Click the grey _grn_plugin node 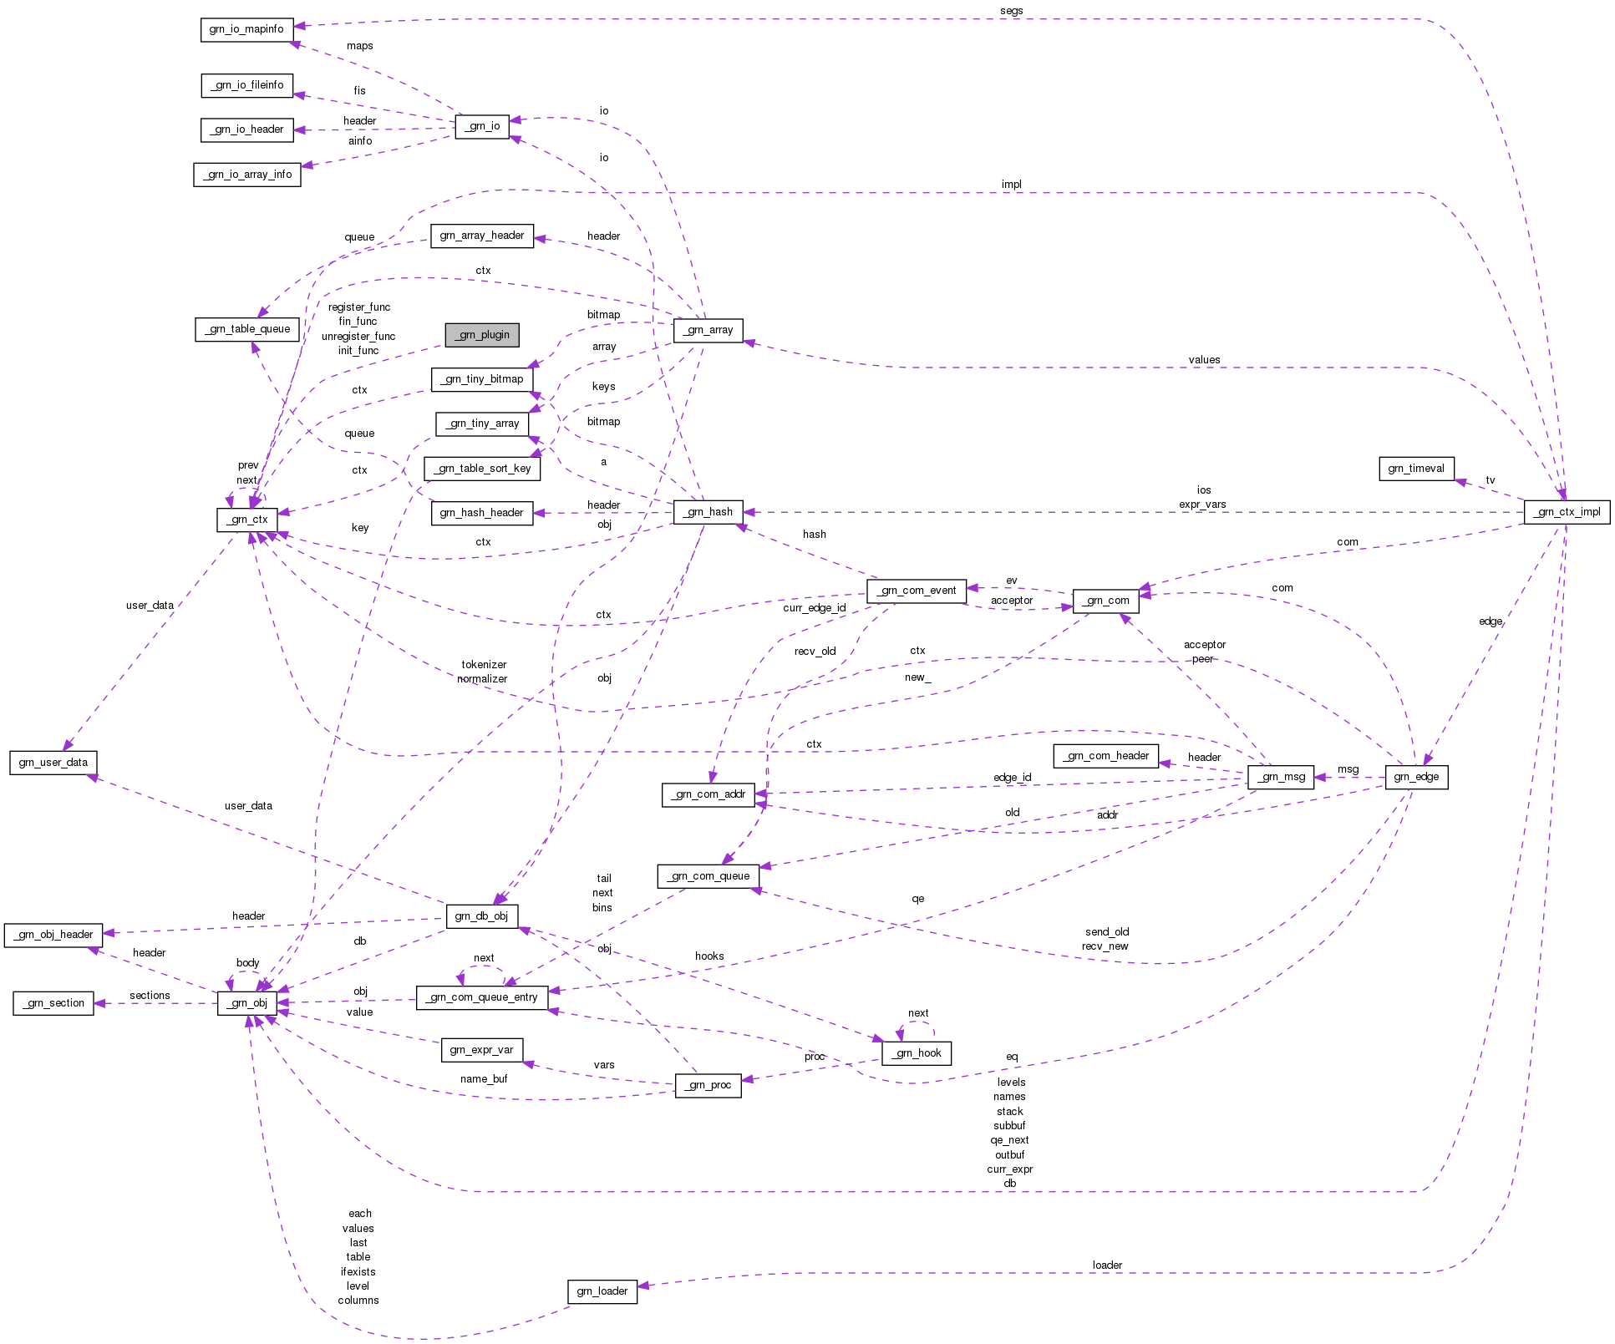tap(482, 335)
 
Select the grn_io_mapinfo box tap(246, 29)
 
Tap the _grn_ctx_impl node tap(1567, 512)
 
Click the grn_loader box tap(602, 1291)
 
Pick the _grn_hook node tap(917, 1053)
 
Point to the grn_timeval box tap(1416, 469)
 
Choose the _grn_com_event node tap(917, 591)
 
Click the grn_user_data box tap(53, 763)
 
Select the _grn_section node tap(53, 1003)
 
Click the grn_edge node tap(1416, 777)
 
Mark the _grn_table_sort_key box tap(482, 469)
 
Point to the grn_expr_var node tap(481, 1050)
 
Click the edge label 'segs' tap(1011, 11)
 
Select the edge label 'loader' tap(1107, 1265)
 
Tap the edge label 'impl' tap(1011, 185)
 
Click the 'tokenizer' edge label tap(484, 665)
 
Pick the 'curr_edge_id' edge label tap(814, 608)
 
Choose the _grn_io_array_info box tap(247, 175)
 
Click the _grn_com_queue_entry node tap(482, 997)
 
